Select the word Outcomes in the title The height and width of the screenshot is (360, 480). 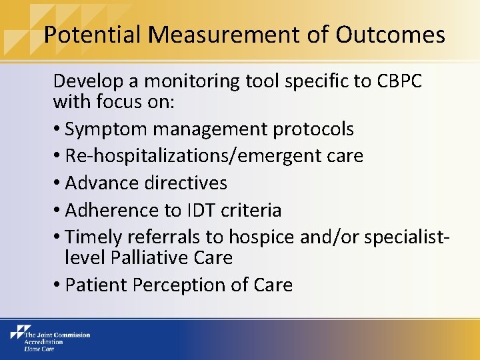pyautogui.click(x=390, y=35)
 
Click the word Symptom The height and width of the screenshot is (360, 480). pyautogui.click(x=103, y=129)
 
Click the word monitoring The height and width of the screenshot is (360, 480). pyautogui.click(x=184, y=81)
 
